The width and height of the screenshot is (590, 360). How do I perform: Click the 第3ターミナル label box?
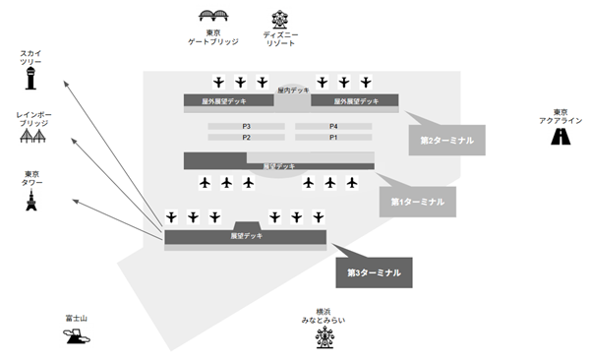[x=375, y=271]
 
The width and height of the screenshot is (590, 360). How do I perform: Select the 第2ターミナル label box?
[x=446, y=141]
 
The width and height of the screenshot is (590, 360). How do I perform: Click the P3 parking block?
[x=247, y=127]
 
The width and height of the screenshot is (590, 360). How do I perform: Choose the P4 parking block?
[x=333, y=127]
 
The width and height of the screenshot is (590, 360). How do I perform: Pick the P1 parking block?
[x=333, y=138]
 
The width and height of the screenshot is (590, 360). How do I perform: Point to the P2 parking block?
[x=247, y=138]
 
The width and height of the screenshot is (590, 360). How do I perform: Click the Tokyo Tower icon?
[x=31, y=204]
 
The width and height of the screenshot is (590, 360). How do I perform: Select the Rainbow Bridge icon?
[x=31, y=140]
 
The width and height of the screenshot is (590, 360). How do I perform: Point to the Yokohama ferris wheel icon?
[x=324, y=339]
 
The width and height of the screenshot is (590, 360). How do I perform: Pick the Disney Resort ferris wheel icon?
[x=281, y=19]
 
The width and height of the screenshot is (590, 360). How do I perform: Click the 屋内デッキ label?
[x=293, y=90]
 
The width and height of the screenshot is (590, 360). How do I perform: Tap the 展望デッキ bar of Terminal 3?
[x=246, y=237]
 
